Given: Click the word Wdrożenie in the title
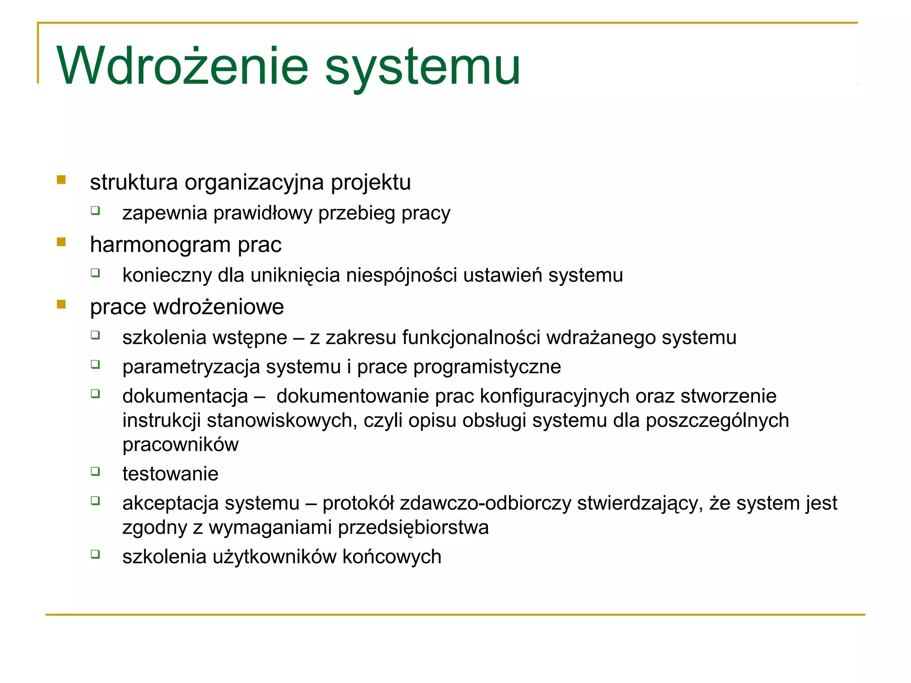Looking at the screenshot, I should [x=182, y=67].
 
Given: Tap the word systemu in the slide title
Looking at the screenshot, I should [x=423, y=68].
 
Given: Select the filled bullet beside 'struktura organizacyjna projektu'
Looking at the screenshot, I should [x=61, y=180].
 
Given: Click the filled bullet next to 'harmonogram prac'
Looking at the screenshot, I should [x=61, y=242].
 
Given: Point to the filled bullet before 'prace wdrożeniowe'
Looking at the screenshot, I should [x=61, y=305].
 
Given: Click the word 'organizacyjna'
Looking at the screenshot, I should [x=254, y=183].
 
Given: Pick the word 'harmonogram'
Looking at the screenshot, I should [x=161, y=245].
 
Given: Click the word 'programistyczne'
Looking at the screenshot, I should [x=487, y=367].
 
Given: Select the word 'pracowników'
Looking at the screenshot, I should [x=181, y=445].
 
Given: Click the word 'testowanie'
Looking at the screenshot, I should [x=170, y=474].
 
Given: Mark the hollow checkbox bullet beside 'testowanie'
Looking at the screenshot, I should [x=95, y=471].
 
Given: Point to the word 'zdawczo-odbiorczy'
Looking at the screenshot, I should [x=485, y=503].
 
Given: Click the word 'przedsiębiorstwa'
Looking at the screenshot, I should [x=413, y=528].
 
